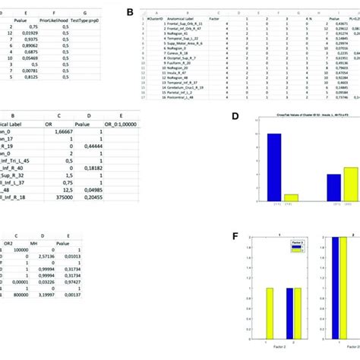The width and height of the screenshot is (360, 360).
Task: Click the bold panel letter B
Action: pyautogui.click(x=130, y=13)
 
